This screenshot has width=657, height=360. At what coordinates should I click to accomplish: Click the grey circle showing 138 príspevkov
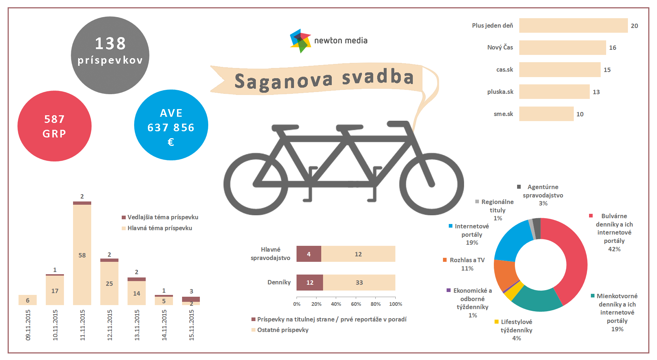click(x=110, y=55)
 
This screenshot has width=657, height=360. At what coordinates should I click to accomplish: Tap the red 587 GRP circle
click(x=55, y=126)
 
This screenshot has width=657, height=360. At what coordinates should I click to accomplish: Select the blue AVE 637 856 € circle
click(x=171, y=125)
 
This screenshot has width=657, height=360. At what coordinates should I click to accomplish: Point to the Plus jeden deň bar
click(x=573, y=25)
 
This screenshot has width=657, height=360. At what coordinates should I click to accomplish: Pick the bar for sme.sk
click(x=546, y=114)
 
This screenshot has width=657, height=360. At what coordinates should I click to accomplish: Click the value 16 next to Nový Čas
click(x=613, y=48)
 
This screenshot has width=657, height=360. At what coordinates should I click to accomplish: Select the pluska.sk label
click(x=500, y=92)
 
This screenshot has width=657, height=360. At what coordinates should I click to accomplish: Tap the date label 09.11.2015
click(x=28, y=325)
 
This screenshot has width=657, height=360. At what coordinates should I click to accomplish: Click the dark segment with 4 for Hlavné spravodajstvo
click(x=309, y=254)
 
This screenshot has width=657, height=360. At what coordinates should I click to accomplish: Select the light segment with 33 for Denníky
click(x=359, y=283)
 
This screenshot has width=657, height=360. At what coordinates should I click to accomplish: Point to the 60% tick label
click(x=356, y=304)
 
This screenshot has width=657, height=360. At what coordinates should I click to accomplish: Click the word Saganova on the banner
click(x=283, y=81)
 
